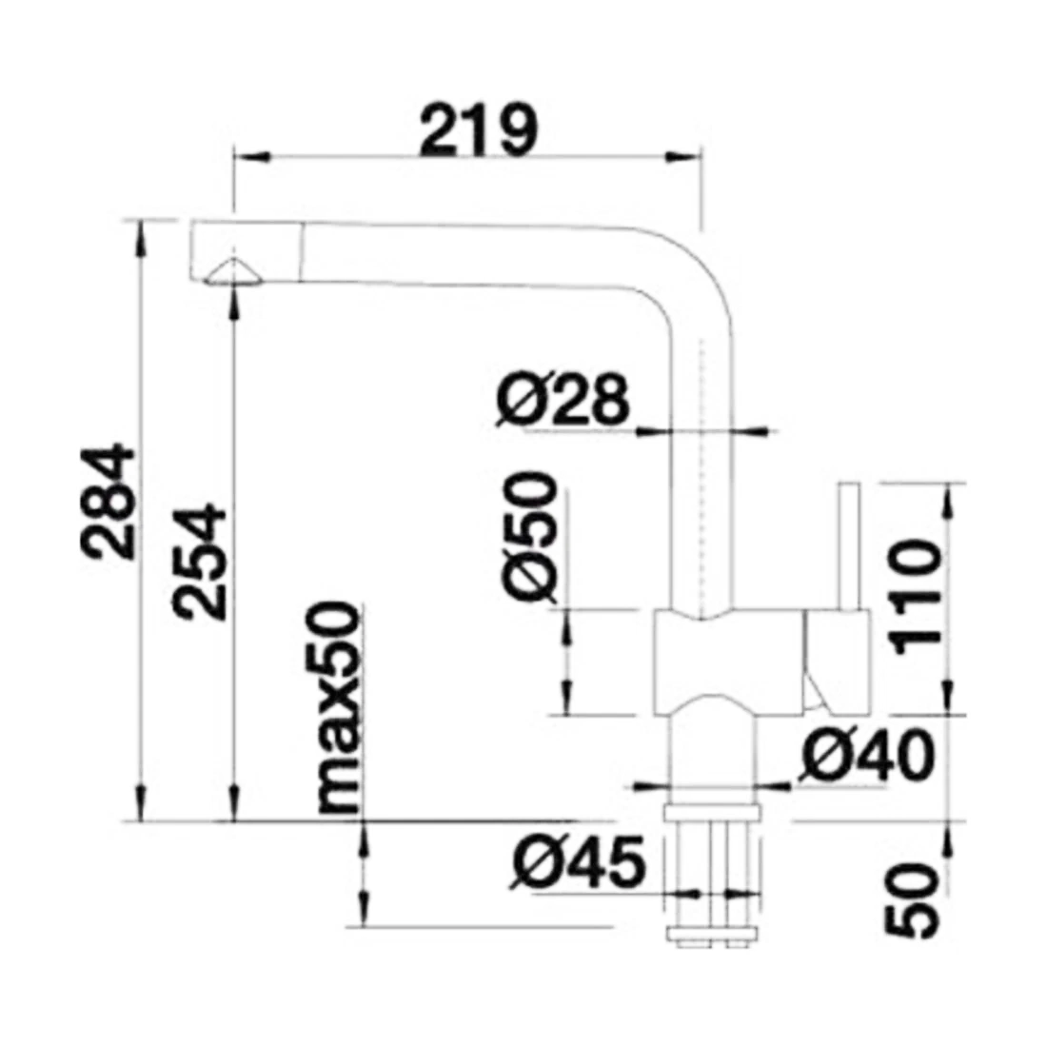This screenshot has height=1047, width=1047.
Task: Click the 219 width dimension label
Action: (478, 129)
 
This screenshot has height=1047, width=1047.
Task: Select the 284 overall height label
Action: (107, 500)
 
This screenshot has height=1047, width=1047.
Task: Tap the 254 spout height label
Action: (199, 563)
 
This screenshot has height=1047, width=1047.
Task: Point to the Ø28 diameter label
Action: (563, 400)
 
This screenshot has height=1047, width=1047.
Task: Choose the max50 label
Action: (338, 707)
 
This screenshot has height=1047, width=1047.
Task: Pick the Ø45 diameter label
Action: (579, 862)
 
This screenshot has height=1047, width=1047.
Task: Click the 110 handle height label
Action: (915, 598)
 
